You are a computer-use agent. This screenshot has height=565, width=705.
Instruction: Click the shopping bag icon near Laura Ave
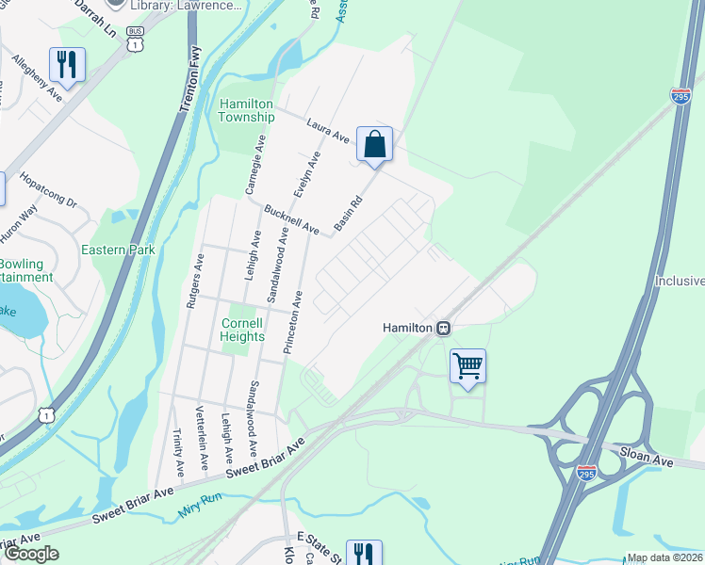point(374,146)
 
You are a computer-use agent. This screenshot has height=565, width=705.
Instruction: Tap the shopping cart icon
point(467,366)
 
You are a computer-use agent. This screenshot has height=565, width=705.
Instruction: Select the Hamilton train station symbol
point(441,328)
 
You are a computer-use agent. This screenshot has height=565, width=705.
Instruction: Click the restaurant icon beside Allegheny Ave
point(66,65)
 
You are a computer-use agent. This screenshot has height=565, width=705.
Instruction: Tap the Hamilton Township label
point(246,110)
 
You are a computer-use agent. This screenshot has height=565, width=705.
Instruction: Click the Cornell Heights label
point(242,329)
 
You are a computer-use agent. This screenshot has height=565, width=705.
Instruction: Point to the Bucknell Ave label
point(294,219)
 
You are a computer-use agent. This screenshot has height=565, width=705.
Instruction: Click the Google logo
point(31,554)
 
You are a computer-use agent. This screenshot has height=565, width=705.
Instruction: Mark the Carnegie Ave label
point(254,164)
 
